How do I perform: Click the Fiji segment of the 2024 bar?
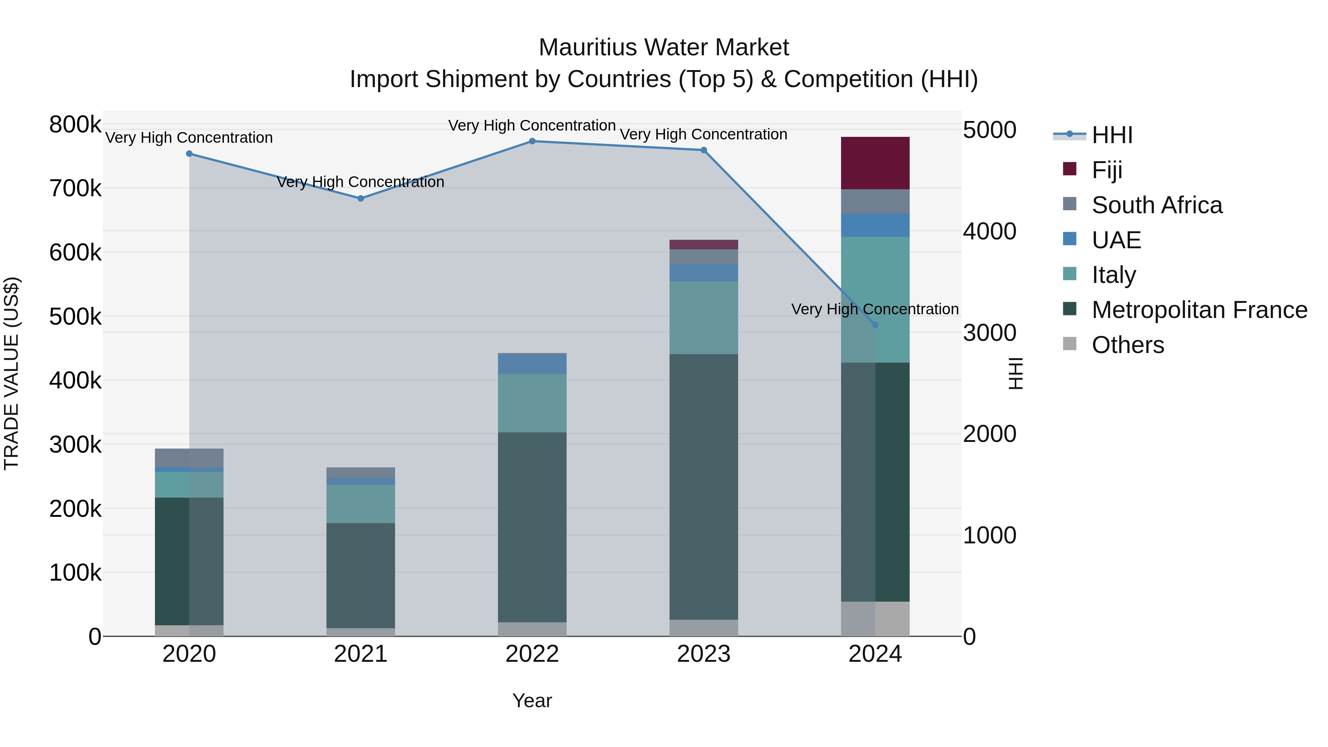point(875,163)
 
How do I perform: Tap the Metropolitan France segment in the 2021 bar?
point(360,575)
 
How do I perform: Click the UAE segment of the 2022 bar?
point(532,364)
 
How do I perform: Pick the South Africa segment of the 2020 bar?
point(189,458)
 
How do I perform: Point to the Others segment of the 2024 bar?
point(875,619)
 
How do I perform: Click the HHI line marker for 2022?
point(532,141)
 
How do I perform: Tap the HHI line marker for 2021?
point(360,198)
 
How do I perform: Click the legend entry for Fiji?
point(1106,170)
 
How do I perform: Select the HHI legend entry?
point(1111,135)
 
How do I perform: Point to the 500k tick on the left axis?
point(75,317)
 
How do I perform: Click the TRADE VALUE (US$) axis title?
point(11,373)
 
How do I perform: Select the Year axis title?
point(532,701)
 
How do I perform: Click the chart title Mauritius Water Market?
point(664,48)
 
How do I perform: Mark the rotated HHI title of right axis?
point(1014,373)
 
